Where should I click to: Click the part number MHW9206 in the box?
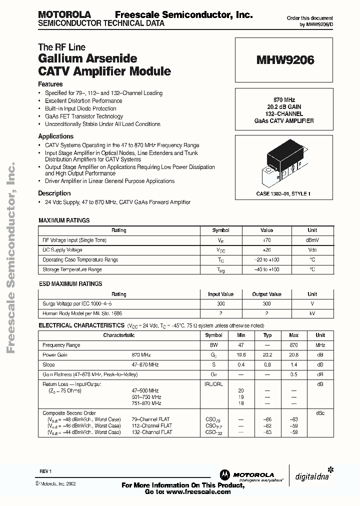285,60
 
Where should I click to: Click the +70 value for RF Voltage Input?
266,240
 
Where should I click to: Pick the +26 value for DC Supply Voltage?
266,250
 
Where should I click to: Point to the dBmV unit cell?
312,240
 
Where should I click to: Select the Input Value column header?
220,294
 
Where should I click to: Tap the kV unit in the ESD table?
312,313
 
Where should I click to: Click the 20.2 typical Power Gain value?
267,355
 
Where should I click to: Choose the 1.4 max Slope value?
294,364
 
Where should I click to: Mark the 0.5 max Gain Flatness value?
294,374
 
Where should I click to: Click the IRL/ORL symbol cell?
214,384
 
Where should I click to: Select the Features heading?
50,84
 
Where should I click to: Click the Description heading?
54,193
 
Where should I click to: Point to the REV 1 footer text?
45,471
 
